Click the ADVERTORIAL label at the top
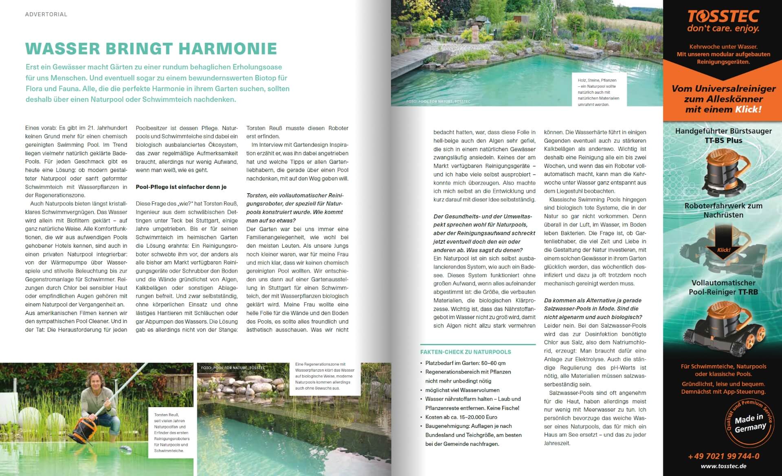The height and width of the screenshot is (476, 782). pyautogui.click(x=46, y=14)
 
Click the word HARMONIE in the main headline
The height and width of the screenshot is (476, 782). pyautogui.click(x=228, y=48)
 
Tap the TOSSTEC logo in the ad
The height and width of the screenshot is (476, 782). pyautogui.click(x=723, y=16)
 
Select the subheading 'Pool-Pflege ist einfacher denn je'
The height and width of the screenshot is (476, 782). pyautogui.click(x=181, y=187)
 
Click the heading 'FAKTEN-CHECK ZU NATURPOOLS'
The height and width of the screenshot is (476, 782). pyautogui.click(x=466, y=352)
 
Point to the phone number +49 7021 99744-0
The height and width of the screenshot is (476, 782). pyautogui.click(x=723, y=456)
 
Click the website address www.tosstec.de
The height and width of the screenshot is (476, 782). pyautogui.click(x=723, y=466)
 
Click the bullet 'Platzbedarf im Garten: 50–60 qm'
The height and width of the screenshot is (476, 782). pyautogui.click(x=465, y=363)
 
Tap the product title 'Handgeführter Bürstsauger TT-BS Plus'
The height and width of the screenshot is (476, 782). pyautogui.click(x=723, y=136)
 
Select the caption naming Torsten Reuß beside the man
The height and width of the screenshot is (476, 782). pyautogui.click(x=171, y=432)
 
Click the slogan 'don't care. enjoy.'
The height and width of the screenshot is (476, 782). pyautogui.click(x=723, y=29)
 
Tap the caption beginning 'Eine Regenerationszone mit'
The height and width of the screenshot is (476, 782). pyautogui.click(x=325, y=376)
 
